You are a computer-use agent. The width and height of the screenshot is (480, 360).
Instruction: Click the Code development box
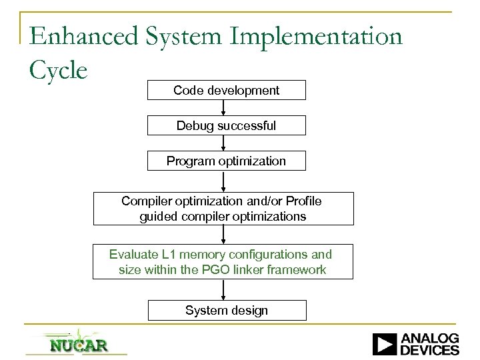[x=226, y=90]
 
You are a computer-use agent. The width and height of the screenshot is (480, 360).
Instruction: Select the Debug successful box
[x=226, y=125]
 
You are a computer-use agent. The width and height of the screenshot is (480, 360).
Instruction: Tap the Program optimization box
[x=226, y=161]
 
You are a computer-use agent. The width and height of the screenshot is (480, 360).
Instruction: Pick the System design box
[x=226, y=310]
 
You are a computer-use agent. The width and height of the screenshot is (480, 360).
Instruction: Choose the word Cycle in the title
[x=59, y=69]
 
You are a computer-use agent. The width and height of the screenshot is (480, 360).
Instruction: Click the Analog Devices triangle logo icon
[x=385, y=344]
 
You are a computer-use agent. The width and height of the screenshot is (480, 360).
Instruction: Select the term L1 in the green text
[x=167, y=254]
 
